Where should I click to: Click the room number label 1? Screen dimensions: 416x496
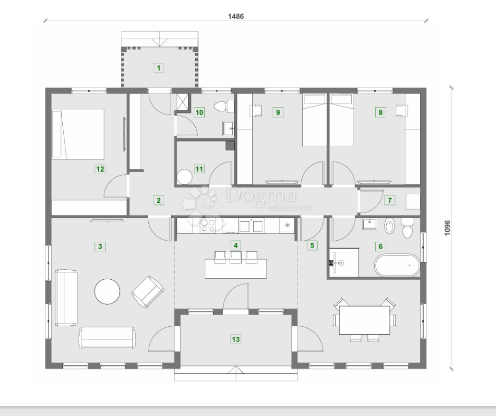(x=158, y=67)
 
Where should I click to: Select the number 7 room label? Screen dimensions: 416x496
(x=390, y=200)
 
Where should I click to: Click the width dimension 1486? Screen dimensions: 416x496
(x=236, y=16)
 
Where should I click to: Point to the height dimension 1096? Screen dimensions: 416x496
(x=447, y=227)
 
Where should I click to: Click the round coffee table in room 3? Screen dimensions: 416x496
(x=107, y=291)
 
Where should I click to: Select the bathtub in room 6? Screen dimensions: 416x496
(x=397, y=265)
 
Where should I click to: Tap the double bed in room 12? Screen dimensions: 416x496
(x=78, y=133)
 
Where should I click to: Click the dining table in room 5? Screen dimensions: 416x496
(x=364, y=320)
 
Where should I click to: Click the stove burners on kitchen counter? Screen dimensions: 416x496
(x=208, y=225)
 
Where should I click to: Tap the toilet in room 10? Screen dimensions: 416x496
(x=224, y=107)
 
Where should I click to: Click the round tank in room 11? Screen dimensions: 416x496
(x=185, y=177)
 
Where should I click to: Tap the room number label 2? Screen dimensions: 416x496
(x=158, y=200)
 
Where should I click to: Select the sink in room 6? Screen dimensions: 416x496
(x=370, y=225)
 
